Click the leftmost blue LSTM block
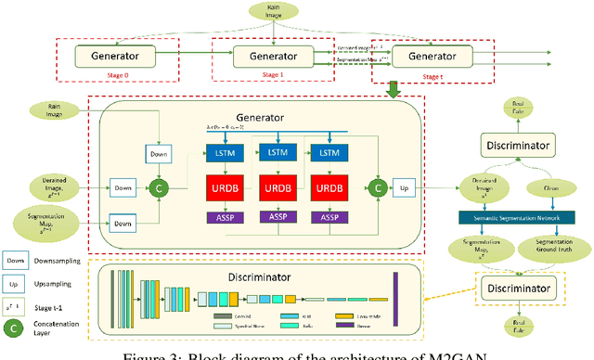(x=223, y=152)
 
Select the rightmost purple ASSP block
(x=331, y=217)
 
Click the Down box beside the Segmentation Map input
(x=123, y=223)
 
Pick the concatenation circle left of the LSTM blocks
(x=159, y=189)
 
